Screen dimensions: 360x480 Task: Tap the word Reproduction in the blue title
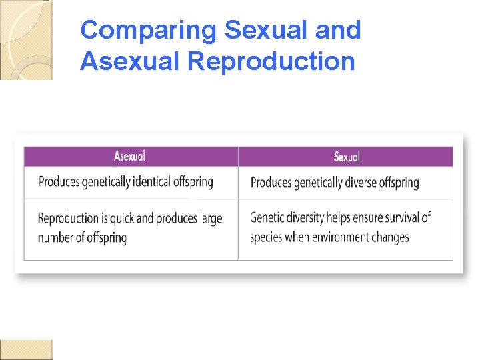[x=271, y=61]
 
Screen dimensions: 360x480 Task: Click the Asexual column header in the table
[x=129, y=156]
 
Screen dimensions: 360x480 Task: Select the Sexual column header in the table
[x=346, y=156]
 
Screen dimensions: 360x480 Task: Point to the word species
[x=266, y=237]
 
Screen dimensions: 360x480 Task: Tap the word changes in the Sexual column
[x=391, y=237]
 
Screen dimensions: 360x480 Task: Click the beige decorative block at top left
[x=26, y=40]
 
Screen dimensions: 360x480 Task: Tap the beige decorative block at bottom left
[x=26, y=349]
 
